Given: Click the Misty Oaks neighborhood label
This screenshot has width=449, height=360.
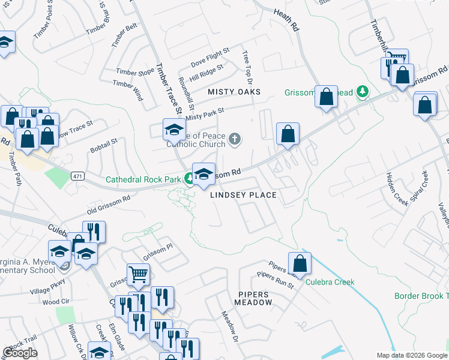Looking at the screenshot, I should tap(234, 92).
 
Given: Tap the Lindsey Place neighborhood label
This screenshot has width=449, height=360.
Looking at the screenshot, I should tap(243, 195).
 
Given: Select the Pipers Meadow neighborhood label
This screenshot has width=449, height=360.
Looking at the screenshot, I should tap(255, 298).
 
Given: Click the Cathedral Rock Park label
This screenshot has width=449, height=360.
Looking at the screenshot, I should tap(144, 179).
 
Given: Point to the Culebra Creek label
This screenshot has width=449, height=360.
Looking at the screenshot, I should tap(330, 282).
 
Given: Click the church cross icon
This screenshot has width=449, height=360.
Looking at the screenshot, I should tap(235, 140).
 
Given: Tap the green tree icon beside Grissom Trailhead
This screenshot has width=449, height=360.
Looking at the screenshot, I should tap(362, 92).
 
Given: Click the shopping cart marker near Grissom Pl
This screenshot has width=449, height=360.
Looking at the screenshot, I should tap(138, 275).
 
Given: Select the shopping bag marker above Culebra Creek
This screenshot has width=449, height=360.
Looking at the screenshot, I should tap(300, 263).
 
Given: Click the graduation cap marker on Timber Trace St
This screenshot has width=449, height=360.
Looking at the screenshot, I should tap(173, 129).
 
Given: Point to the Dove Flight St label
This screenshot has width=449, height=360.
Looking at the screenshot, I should tap(210, 57).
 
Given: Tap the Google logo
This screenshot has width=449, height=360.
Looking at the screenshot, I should tap(20, 353).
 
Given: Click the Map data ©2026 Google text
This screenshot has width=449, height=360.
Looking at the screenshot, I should tap(412, 355).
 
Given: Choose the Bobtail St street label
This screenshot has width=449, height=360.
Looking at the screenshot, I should tap(103, 145).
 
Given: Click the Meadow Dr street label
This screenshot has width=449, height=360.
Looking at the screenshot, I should tap(230, 326).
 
